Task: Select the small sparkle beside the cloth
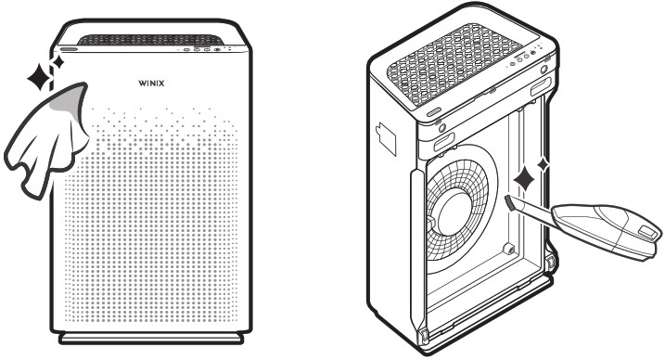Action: [x=58, y=62]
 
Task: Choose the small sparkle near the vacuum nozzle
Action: [x=543, y=164]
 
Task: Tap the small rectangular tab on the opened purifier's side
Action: [x=382, y=137]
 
